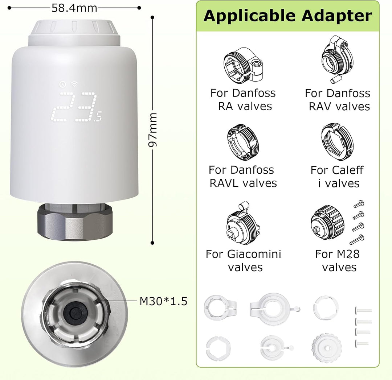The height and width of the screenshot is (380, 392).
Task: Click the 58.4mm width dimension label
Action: coord(74,8)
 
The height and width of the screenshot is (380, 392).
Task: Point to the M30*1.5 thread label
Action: coord(163,301)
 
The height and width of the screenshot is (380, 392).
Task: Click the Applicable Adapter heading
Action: coord(287,16)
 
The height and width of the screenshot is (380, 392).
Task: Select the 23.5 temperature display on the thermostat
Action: coord(76,107)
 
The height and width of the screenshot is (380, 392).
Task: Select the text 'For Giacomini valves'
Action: coord(244,261)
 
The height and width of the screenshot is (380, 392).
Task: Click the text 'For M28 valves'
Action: coord(338,261)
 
